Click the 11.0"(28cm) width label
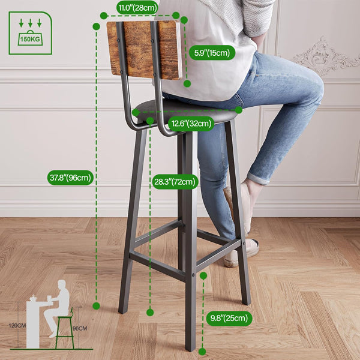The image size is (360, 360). [x=137, y=8]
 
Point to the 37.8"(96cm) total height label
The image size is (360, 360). [x=71, y=177]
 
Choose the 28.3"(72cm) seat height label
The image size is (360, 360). [x=175, y=181]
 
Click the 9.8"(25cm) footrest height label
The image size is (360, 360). [x=228, y=319]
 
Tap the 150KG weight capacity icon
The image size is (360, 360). [x=30, y=33]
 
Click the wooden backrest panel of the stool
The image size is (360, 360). [x=144, y=48]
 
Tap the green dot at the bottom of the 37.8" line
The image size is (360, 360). [x=96, y=305]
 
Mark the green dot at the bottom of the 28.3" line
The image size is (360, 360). [x=150, y=312]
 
